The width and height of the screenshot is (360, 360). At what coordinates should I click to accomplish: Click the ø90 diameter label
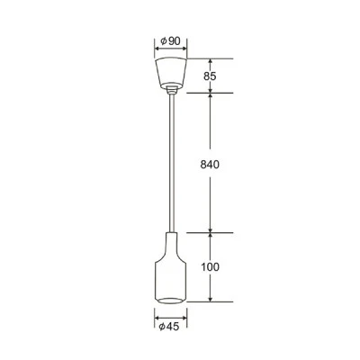(170, 40)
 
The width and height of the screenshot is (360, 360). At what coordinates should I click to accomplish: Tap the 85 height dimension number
(210, 76)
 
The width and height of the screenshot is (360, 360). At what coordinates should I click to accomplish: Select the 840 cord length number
(210, 165)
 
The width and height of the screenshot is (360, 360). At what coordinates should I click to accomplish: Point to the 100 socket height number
(210, 266)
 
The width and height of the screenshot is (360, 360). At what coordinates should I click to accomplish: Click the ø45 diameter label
(169, 327)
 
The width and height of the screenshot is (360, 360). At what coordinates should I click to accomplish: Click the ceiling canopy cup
(171, 73)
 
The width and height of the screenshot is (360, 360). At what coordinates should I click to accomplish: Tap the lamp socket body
(170, 267)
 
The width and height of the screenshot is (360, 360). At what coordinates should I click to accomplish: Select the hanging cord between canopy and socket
(172, 163)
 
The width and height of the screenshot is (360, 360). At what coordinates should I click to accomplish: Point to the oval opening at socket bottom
(170, 300)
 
